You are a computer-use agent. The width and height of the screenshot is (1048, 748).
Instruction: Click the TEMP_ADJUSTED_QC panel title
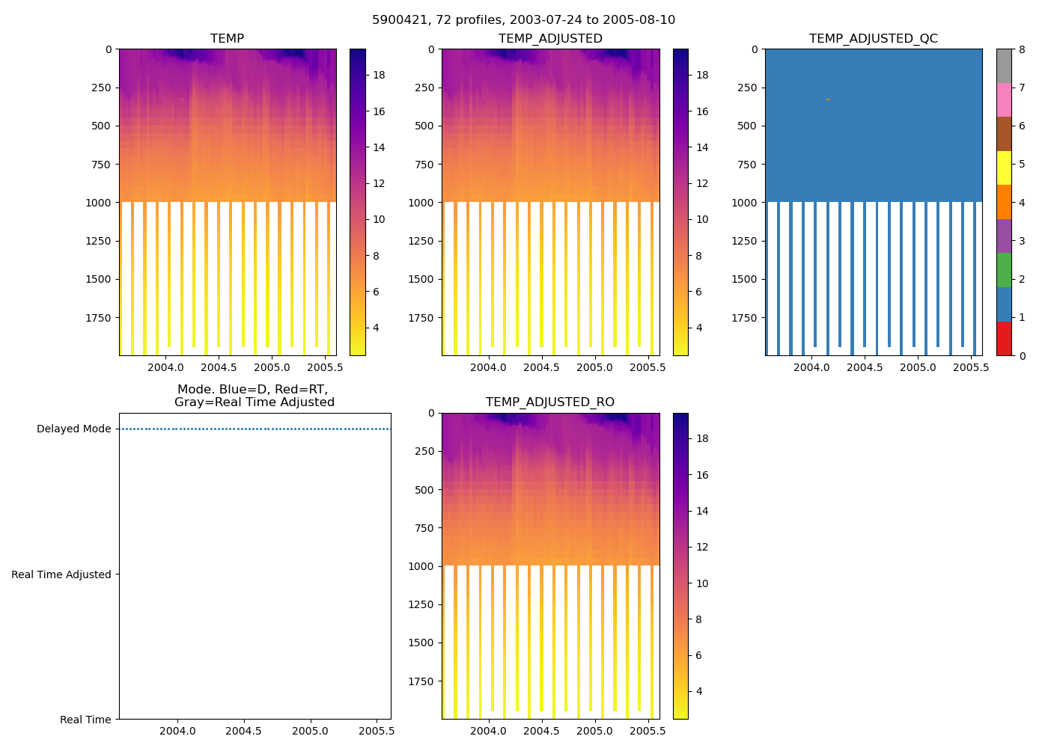[x=873, y=39]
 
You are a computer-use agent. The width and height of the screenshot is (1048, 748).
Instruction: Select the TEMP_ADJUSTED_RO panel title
[x=550, y=402]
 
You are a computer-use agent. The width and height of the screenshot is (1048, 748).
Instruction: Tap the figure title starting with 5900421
[x=523, y=20]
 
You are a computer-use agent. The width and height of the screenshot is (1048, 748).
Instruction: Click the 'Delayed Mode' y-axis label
[x=73, y=429]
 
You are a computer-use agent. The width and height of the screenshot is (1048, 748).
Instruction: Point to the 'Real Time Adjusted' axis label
[x=61, y=574]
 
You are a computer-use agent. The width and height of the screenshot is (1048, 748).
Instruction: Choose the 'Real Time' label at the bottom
[x=85, y=720]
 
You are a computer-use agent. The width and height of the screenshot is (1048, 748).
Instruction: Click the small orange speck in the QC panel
[x=827, y=99]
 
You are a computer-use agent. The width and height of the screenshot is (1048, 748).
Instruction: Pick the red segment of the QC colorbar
[x=1004, y=339]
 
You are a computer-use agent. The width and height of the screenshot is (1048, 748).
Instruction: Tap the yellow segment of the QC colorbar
[x=1004, y=168]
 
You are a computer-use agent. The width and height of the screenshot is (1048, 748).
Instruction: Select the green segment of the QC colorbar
[x=1004, y=270]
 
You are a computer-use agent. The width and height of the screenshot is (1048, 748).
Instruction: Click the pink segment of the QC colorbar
[x=1004, y=100]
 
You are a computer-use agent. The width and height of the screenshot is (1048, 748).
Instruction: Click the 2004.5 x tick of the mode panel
[x=243, y=731]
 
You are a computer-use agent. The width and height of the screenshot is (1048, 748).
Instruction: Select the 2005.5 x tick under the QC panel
[x=971, y=367]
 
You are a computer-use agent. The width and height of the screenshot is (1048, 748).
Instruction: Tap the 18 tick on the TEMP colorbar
[x=378, y=75]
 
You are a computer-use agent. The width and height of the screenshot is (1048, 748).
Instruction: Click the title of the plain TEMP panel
[x=227, y=39]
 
